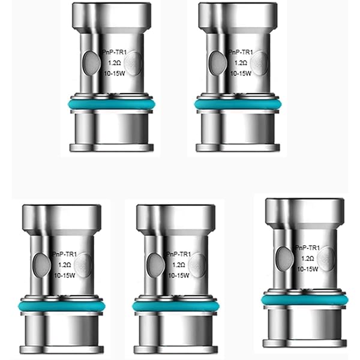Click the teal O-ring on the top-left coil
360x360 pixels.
(x=112, y=104)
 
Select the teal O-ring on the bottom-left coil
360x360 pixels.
(x=62, y=306)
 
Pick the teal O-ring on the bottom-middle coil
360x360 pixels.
(x=176, y=306)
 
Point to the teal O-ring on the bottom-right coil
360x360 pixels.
(x=304, y=300)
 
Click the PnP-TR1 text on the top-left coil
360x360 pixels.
(x=115, y=52)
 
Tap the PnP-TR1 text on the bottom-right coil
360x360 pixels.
(x=308, y=248)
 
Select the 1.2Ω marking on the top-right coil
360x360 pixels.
(x=241, y=63)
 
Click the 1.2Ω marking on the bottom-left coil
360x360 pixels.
(x=65, y=265)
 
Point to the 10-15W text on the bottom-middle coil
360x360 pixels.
(x=179, y=275)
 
